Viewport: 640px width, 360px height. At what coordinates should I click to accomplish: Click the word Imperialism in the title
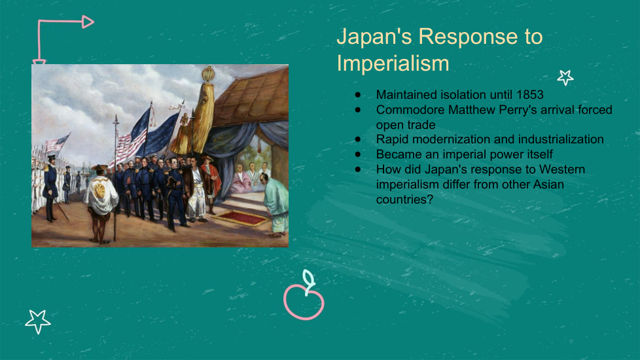(x=393, y=63)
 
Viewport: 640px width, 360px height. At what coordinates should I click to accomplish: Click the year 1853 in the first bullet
(x=530, y=95)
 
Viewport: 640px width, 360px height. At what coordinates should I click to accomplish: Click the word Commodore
(x=410, y=110)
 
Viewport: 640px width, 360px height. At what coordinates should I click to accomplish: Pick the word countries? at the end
(x=404, y=200)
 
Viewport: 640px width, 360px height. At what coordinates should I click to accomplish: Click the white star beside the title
(x=565, y=77)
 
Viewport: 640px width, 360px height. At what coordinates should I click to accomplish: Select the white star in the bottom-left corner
(x=37, y=321)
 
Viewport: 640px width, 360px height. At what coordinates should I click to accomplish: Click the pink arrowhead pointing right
(x=88, y=22)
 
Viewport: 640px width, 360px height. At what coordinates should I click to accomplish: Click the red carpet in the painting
(x=240, y=217)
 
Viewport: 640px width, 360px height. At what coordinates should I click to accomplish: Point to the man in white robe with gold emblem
(x=100, y=202)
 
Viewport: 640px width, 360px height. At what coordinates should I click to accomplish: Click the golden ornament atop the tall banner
(x=208, y=74)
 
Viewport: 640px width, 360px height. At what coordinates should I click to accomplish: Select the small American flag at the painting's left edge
(x=56, y=144)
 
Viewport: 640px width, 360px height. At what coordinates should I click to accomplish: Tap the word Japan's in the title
(x=374, y=36)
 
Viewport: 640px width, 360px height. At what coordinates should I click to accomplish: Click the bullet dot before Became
(x=358, y=154)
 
